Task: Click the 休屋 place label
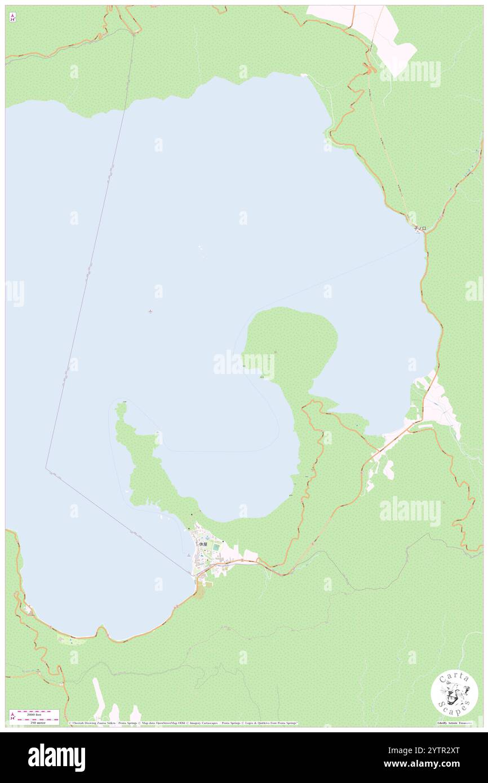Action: (203, 544)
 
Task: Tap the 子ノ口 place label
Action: (420, 228)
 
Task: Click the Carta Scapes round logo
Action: (454, 693)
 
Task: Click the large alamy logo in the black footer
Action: (56, 757)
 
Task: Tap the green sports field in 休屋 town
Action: (216, 546)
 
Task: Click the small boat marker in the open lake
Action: (150, 311)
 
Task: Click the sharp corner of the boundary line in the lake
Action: (46, 468)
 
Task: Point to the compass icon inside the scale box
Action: (13, 715)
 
